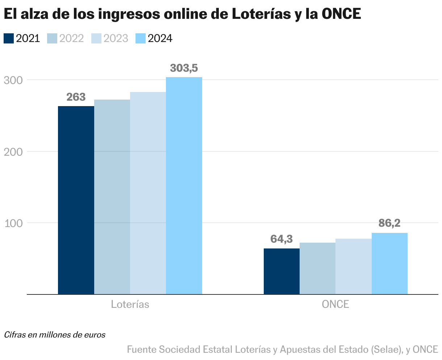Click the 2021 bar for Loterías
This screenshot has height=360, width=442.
76,200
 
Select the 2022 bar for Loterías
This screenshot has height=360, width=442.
112,197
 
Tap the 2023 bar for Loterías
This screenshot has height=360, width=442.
148,193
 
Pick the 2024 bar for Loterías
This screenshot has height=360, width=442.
184,185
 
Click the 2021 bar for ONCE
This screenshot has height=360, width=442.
282,271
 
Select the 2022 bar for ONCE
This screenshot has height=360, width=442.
317,268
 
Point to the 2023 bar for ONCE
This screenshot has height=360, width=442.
354,266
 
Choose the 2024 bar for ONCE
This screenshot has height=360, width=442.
389,263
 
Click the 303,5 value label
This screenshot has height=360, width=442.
184,68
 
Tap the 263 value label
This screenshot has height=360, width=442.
76,97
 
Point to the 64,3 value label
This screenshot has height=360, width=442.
282,239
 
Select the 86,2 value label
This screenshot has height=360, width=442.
389,223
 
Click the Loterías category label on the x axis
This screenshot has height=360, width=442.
130,304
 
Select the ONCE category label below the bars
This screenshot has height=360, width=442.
335,304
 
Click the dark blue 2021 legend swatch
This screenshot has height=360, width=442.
9,38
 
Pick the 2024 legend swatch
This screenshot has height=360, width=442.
140,38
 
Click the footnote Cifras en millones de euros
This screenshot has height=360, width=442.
55,335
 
